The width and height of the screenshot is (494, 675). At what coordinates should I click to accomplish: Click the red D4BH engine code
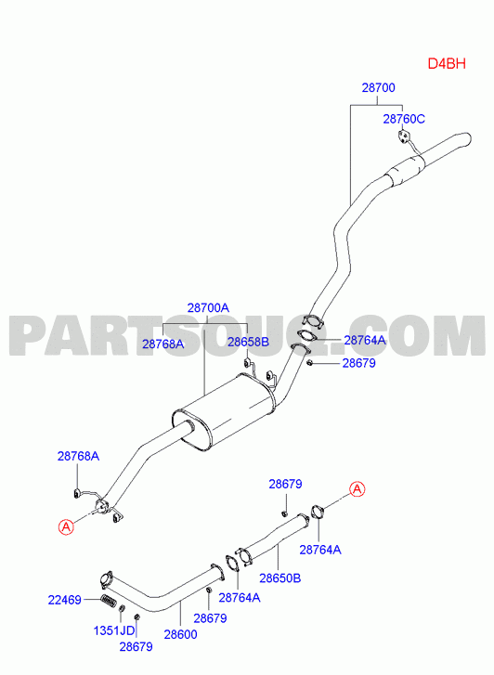coord(447,64)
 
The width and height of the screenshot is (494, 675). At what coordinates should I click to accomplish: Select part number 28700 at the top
coord(378,88)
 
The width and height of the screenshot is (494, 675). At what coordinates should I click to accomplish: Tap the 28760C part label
coord(404,119)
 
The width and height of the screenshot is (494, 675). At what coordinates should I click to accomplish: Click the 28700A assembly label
coord(208,308)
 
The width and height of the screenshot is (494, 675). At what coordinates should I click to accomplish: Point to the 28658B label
coord(248,342)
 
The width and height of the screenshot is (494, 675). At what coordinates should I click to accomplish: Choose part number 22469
coord(65,600)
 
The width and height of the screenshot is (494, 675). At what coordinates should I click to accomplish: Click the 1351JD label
coord(114,630)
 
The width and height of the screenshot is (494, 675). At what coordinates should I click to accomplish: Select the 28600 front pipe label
coord(180,634)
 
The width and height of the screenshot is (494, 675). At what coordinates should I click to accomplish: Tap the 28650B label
coord(279,578)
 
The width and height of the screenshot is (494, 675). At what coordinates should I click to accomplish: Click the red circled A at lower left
coord(66,526)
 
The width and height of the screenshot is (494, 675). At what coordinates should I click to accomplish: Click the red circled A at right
coord(357,489)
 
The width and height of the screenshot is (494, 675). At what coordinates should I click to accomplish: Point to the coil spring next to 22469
coord(108,601)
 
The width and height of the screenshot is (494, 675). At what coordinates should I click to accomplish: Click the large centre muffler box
coord(223,412)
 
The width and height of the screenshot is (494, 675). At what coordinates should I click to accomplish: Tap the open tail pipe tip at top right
coord(467,139)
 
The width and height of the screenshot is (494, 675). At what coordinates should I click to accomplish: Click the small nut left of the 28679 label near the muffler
coord(309,364)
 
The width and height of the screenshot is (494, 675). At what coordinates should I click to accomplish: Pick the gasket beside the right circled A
coord(318,513)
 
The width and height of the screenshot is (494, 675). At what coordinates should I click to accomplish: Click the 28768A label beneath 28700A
coord(163,344)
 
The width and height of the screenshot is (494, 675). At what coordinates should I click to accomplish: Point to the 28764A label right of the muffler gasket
coord(365,340)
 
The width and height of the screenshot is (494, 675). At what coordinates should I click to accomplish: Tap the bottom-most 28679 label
coord(136,646)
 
